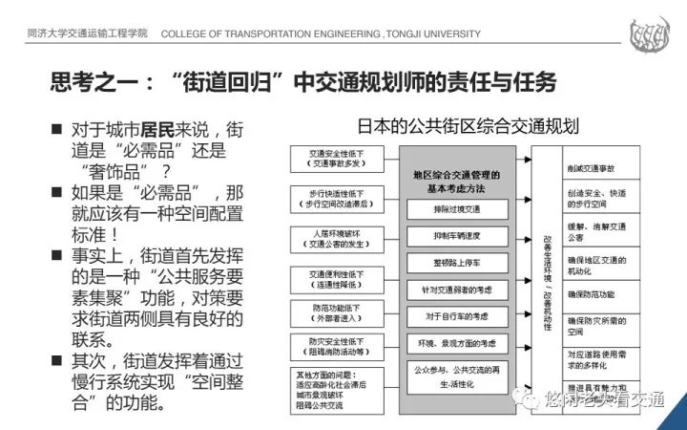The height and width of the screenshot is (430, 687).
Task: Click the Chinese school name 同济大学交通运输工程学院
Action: coord(87,34)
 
